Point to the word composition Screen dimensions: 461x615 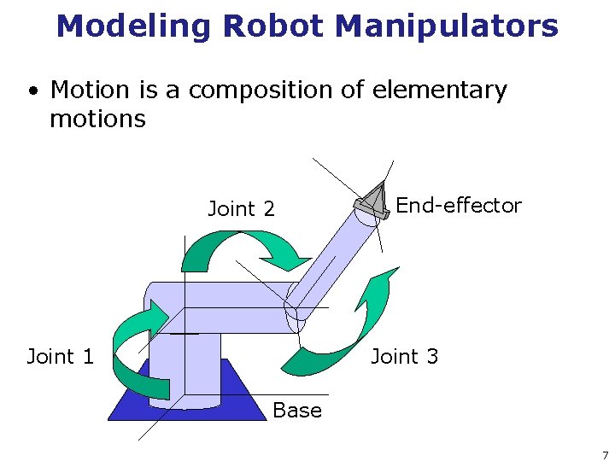pos(257,90)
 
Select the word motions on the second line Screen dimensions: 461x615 pos(97,119)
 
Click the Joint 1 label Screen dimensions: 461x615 pos(60,356)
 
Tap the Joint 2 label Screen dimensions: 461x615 pos(241,209)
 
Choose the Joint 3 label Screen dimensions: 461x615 pos(404,356)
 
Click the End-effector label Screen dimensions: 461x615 pos(458,206)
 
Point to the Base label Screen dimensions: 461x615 pos(296,411)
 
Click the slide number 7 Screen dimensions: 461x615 pos(604,455)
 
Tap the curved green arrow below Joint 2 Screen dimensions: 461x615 pos(243,248)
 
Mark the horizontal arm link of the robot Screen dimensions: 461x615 pos(226,306)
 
